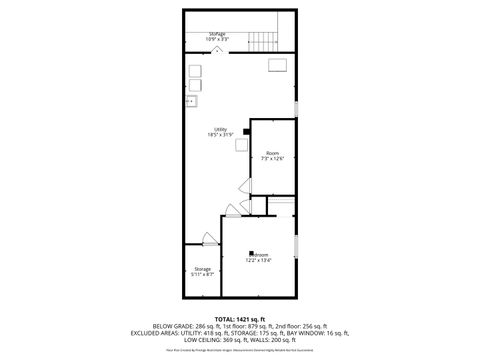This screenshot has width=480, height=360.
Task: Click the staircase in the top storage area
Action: [x=262, y=41]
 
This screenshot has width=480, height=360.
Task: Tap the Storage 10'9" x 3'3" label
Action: [x=218, y=36]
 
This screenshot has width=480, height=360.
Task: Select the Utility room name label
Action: [x=220, y=129]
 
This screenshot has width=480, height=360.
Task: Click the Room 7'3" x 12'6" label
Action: [x=273, y=155]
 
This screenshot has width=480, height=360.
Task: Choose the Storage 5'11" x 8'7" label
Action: [x=202, y=272]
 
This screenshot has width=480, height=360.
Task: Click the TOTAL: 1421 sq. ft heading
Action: [x=240, y=317]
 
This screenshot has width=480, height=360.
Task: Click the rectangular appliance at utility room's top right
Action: [x=277, y=65]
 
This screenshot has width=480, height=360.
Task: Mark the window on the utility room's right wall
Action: [x=297, y=106]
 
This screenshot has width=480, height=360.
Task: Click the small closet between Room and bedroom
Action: [x=258, y=205]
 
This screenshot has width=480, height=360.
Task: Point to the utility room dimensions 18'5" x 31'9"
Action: [x=220, y=135]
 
